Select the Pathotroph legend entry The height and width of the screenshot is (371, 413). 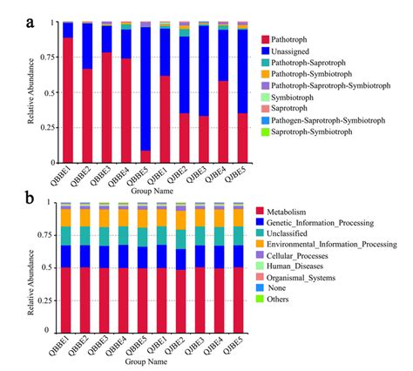tap(295, 39)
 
